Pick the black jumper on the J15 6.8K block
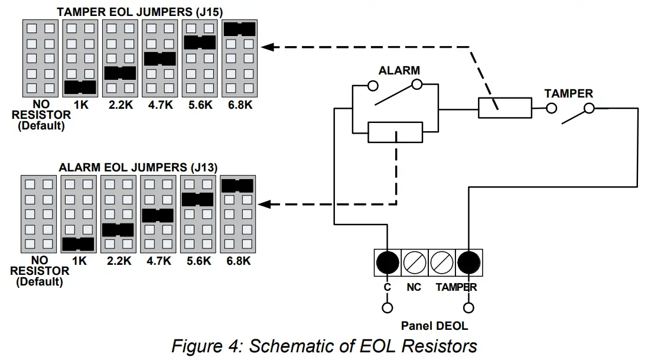click(239, 28)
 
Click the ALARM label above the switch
click(399, 70)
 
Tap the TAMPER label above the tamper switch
click(568, 93)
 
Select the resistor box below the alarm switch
click(395, 132)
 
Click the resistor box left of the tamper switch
click(504, 108)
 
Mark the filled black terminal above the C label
click(388, 261)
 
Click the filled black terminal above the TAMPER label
click(468, 261)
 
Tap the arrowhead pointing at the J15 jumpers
click(267, 46)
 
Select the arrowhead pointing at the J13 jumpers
click(266, 205)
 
